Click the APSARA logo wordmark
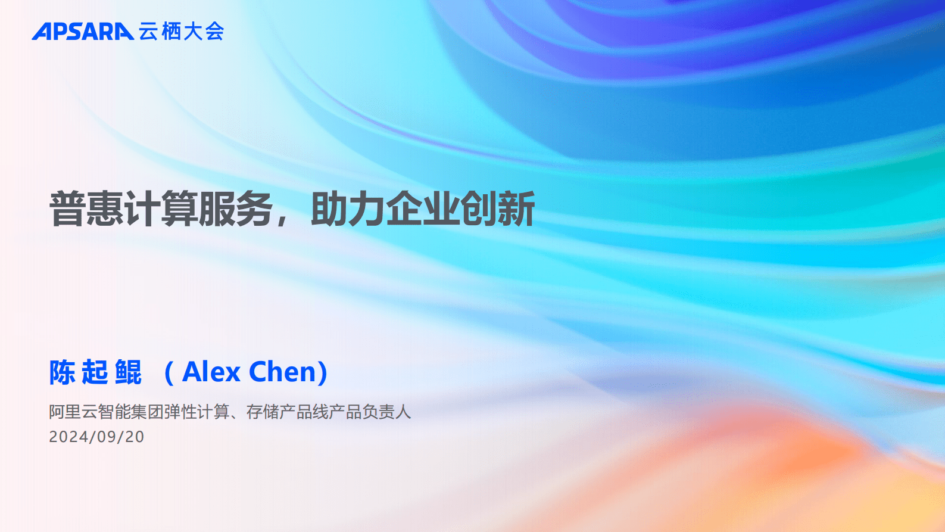pos(83,32)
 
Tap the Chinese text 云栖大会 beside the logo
pos(182,32)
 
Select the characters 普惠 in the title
pos(86,209)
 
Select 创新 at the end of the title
pos(498,209)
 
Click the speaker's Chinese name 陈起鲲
pos(95,372)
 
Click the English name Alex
pos(211,372)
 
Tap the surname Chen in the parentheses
pos(283,372)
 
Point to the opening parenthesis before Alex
pos(169,373)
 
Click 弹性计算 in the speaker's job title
pos(197,412)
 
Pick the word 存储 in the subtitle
pos(263,412)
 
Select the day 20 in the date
pos(135,437)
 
